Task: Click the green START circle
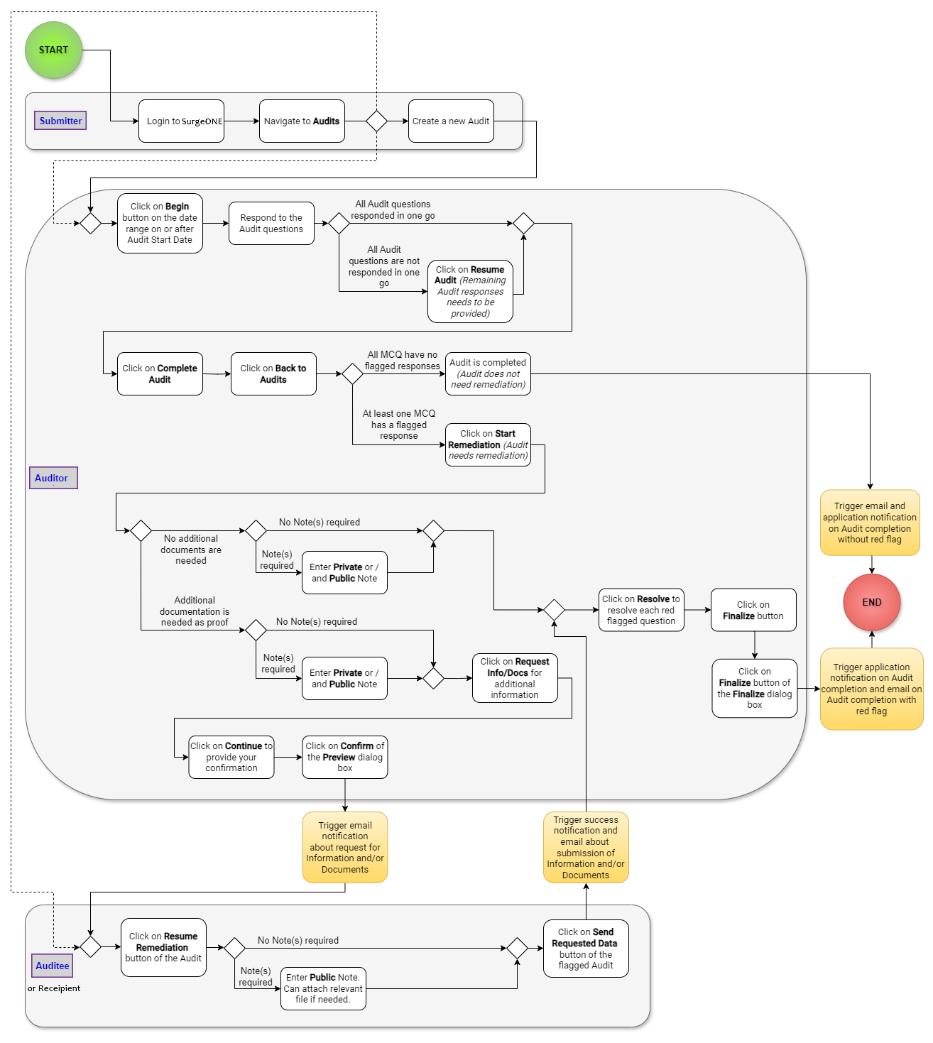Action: tap(53, 50)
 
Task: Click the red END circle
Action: tap(871, 602)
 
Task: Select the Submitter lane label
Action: tap(60, 121)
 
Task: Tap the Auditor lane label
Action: tap(52, 478)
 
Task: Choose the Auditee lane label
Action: tap(53, 966)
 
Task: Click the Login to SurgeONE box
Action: tap(181, 121)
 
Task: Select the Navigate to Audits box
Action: tap(302, 121)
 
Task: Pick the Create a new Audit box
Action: tap(451, 121)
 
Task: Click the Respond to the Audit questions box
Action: tap(271, 223)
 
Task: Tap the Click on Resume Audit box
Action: tap(470, 291)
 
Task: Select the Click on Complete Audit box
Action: tap(160, 373)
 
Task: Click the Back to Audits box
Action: tap(273, 373)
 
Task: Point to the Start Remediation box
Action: tap(488, 444)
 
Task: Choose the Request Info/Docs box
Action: tap(515, 678)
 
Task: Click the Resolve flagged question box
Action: tap(641, 610)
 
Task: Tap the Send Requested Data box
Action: tap(586, 949)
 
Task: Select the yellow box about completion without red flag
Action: tap(870, 523)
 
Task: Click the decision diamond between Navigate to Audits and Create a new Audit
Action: tap(376, 121)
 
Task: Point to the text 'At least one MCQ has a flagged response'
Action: tap(399, 425)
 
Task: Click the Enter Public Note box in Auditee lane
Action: tap(323, 988)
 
